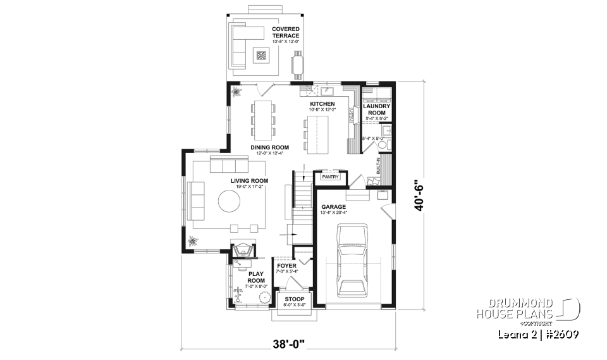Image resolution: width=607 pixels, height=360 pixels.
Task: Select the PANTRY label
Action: click(331, 178)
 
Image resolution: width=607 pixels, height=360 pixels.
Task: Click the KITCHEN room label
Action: click(322, 104)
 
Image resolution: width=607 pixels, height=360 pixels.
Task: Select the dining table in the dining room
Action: click(263, 118)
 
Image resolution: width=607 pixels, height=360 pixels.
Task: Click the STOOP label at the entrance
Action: click(295, 299)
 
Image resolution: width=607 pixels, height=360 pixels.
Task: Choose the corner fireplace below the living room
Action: click(242, 251)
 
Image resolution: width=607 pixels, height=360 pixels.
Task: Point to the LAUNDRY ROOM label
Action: click(377, 109)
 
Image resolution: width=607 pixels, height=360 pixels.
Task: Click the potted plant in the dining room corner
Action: click(236, 92)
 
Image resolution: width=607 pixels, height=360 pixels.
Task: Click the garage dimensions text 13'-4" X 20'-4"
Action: click(335, 213)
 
